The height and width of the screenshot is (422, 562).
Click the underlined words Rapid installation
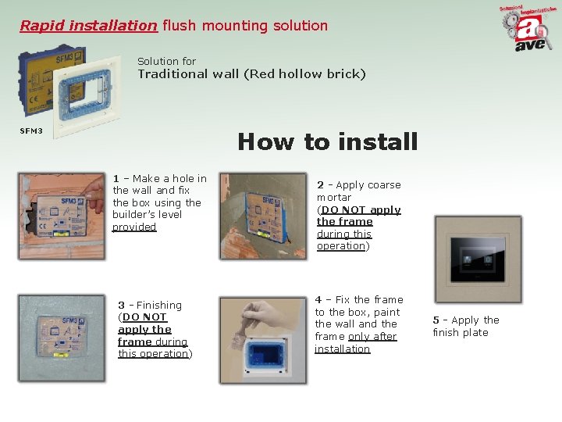tap(88, 26)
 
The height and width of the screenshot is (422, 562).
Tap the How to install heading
tap(327, 141)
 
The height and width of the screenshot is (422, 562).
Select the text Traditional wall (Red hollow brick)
tap(251, 74)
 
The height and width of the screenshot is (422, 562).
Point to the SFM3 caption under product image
tap(31, 131)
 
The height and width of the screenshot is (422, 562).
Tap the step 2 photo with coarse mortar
tap(263, 216)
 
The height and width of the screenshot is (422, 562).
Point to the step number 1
tap(116, 179)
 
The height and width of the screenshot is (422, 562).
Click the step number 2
tap(320, 185)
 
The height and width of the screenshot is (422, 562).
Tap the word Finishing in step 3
tap(158, 306)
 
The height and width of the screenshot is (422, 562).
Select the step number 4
tap(318, 300)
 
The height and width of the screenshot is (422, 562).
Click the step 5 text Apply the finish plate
tap(465, 326)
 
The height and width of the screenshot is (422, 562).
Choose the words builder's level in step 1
tap(156, 215)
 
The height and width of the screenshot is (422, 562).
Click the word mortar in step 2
tap(334, 198)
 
